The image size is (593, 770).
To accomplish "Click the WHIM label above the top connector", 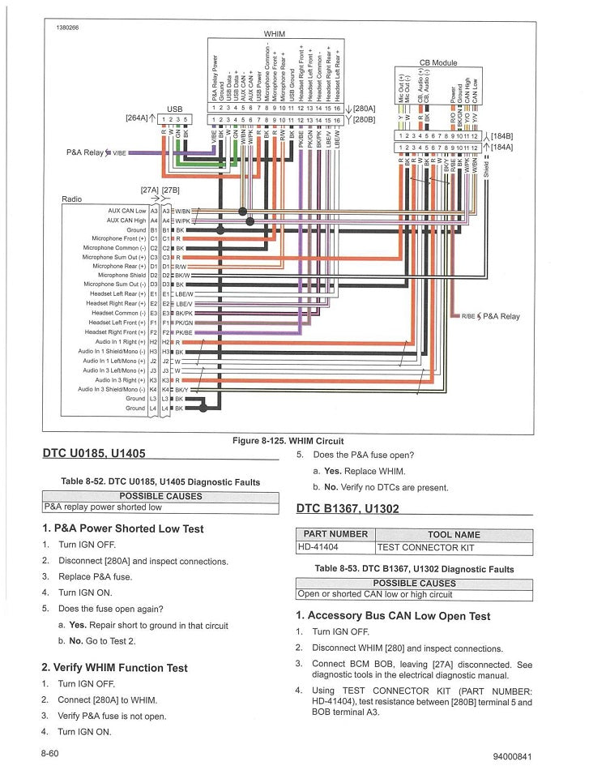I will pos(274,34).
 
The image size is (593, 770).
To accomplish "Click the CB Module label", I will pos(438,62).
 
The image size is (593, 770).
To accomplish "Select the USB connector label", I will pos(175,109).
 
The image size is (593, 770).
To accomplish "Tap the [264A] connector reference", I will pos(136,118).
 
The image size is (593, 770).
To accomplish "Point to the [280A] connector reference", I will pos(364,108).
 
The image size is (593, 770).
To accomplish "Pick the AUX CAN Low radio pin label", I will pos(126,211).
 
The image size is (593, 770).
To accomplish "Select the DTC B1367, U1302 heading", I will pos(348,508).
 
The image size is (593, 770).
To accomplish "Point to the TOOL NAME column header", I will pos(454,535).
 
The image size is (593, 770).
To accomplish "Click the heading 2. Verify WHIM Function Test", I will pos(114,668).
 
